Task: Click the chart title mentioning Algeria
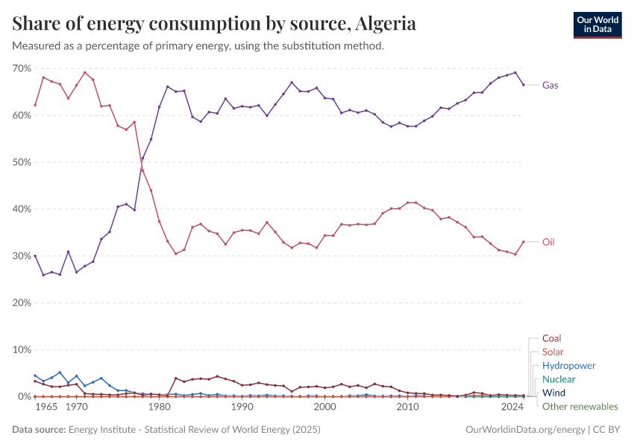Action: tap(214, 24)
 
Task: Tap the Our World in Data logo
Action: tap(597, 25)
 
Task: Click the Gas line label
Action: tap(550, 85)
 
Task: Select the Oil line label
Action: tap(548, 242)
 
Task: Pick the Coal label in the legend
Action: tap(552, 338)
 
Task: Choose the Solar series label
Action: tap(553, 352)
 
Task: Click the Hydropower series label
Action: tap(569, 366)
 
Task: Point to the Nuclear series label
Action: tap(559, 379)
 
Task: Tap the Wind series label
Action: tap(554, 393)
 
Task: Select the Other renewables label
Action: tap(580, 406)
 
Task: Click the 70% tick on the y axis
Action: tap(21, 69)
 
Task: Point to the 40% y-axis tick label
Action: tap(21, 209)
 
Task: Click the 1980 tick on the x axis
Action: tap(158, 408)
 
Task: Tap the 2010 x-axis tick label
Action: tap(407, 408)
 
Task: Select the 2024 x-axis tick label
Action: tap(512, 408)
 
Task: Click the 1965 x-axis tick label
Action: tap(48, 408)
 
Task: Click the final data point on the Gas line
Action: tap(524, 85)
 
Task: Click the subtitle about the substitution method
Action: tap(198, 45)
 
